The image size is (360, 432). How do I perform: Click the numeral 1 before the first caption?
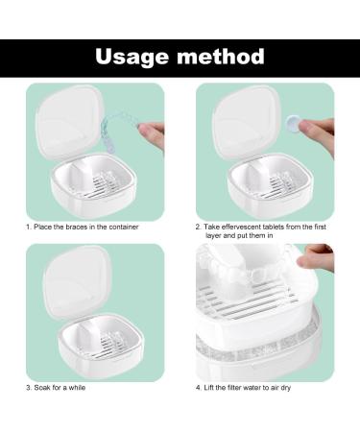click(27, 227)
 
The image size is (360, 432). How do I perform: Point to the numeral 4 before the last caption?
click(198, 388)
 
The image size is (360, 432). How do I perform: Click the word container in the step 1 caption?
click(128, 227)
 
